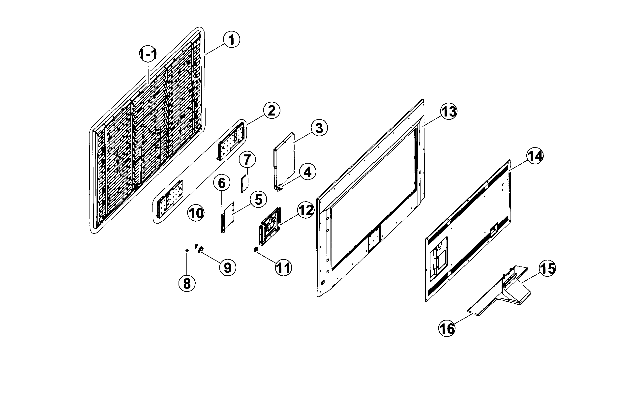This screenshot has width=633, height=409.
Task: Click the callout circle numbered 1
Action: click(232, 40)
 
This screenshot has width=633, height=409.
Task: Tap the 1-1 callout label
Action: click(148, 55)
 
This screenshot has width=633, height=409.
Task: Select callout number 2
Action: click(271, 111)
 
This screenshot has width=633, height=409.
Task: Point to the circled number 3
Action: click(319, 128)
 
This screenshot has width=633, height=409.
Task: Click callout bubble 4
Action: click(307, 172)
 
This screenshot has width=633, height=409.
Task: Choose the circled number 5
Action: click(258, 200)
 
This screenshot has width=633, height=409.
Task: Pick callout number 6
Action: click(222, 183)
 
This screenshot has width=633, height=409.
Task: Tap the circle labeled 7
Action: click(247, 160)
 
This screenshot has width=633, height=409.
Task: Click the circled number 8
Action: click(187, 284)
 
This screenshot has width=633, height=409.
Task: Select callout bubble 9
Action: click(228, 268)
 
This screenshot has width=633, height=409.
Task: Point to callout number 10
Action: click(196, 213)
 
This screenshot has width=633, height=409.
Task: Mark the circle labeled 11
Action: click(283, 268)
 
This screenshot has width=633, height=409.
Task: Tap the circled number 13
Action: click(449, 111)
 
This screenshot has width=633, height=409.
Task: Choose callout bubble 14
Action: click(535, 156)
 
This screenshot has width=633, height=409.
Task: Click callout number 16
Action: click(447, 328)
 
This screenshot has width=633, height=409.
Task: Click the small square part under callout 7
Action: click(244, 184)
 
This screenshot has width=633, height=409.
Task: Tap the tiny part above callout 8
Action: click(187, 250)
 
